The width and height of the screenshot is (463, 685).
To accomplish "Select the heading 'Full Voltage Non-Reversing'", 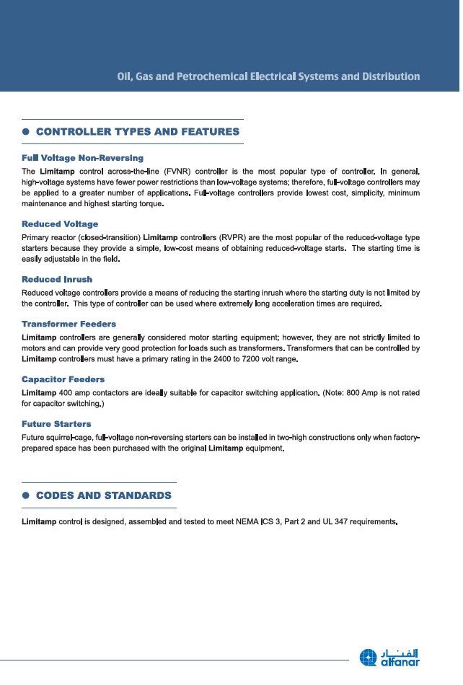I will pos(82,157).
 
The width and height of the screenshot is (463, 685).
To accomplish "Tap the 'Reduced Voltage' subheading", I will pos(60,224).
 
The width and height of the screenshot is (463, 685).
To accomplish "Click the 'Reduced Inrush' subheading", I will pos(57,279).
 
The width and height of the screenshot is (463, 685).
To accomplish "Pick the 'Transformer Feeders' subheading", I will pos(69,324).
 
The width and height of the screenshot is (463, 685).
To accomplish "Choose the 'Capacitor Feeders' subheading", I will pos(63,379).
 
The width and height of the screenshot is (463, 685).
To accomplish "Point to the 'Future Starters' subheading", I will pos(56,424).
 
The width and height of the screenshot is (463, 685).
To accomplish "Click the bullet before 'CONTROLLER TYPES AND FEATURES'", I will pos(25,132).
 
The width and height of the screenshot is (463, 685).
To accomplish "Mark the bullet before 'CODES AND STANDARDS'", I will pos(25,495).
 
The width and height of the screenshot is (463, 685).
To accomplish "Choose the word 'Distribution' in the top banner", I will pos(390,76).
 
